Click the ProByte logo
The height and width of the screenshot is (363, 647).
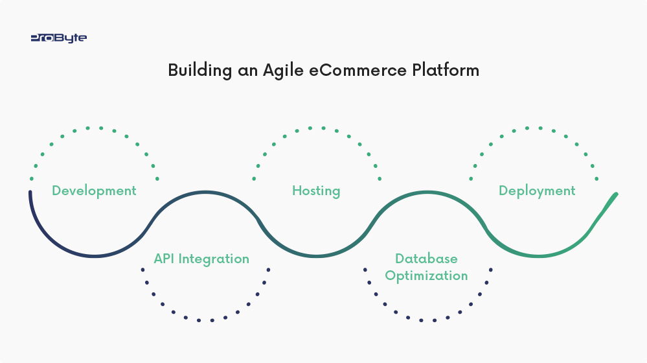tap(59, 38)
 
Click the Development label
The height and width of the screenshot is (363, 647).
tap(94, 191)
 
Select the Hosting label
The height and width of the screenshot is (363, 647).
tap(316, 191)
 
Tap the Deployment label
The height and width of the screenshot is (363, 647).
tap(537, 191)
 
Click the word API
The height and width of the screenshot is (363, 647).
tap(164, 259)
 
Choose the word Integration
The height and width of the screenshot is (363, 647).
tap(213, 259)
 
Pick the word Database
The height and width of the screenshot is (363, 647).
tap(426, 259)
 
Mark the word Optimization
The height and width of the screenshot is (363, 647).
tap(426, 275)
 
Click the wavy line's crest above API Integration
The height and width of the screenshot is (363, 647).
tap(205, 193)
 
